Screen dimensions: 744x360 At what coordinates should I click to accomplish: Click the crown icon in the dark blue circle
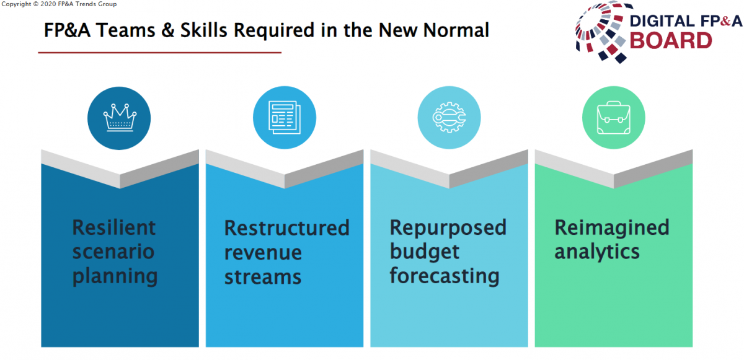point(120,118)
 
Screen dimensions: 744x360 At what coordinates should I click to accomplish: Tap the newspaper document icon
point(285,118)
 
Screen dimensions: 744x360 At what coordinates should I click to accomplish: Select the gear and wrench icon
point(449,118)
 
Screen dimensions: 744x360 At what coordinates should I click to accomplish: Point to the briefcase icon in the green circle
point(613,118)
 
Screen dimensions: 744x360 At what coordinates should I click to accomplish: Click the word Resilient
point(114,227)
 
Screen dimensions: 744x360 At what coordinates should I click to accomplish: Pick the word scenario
point(113,252)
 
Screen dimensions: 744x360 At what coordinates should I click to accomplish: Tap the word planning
point(115,277)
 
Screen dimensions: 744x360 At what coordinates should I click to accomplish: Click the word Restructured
point(287,228)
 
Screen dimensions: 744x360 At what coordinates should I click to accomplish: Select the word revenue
point(263,253)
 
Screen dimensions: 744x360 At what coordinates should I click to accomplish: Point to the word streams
point(263,278)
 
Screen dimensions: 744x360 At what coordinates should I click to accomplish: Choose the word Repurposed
point(448,229)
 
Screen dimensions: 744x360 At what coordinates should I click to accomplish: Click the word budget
point(425,253)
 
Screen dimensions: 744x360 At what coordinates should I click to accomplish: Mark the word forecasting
point(445,277)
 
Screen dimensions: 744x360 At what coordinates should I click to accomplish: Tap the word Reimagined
point(612,229)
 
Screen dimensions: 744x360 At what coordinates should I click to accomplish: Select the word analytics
point(597,253)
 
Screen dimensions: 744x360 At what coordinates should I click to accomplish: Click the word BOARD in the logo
point(671,41)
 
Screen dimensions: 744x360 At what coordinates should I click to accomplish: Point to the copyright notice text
point(59,4)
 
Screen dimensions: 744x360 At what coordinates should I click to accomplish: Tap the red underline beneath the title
point(160,53)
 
